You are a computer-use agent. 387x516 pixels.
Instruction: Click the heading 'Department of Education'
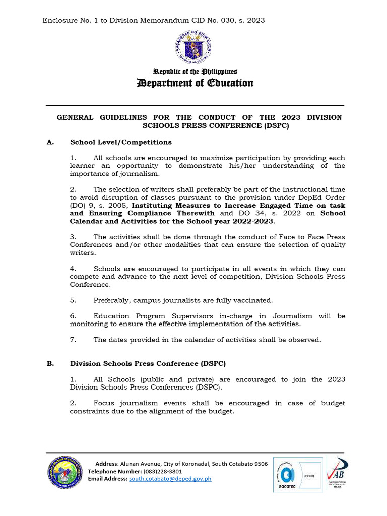pyautogui.click(x=196, y=83)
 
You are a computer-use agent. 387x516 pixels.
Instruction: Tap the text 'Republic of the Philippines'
pyautogui.click(x=196, y=72)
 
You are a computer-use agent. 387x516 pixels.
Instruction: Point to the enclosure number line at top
pyautogui.click(x=154, y=20)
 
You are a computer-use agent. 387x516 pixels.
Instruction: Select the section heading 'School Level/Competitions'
pyautogui.click(x=121, y=142)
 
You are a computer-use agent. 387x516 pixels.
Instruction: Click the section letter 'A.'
pyautogui.click(x=50, y=142)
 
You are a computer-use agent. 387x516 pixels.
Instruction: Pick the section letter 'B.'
pyautogui.click(x=50, y=363)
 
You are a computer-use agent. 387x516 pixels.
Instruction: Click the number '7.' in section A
pyautogui.click(x=73, y=340)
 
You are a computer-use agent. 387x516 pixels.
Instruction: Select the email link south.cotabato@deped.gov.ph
pyautogui.click(x=170, y=479)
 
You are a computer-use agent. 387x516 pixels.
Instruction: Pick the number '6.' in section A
pyautogui.click(x=73, y=316)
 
